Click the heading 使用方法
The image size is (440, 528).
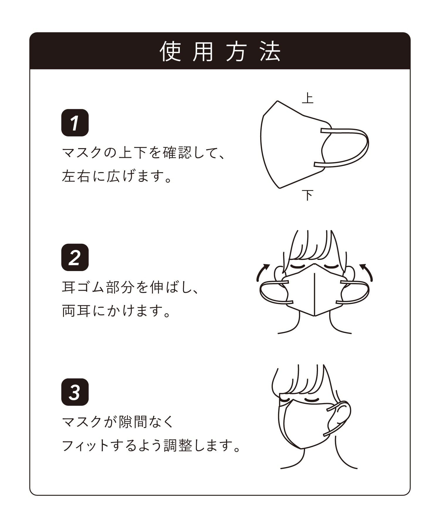point(220,51)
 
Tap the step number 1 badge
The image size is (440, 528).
point(75,123)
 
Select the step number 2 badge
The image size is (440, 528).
point(75,257)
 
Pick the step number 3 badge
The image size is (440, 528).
point(75,392)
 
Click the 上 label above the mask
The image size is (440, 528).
point(308,98)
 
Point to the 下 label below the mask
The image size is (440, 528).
point(308,195)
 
